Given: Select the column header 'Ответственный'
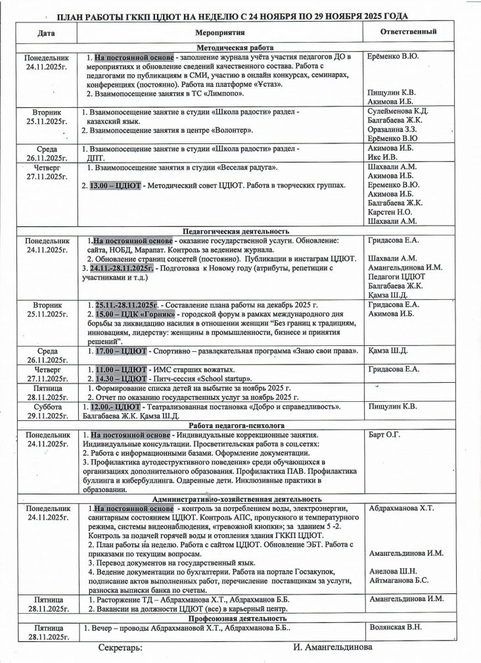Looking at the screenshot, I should (x=409, y=32).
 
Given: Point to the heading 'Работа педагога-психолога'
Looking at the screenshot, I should (x=236, y=426).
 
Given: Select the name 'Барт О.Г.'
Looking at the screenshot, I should (x=385, y=435).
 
